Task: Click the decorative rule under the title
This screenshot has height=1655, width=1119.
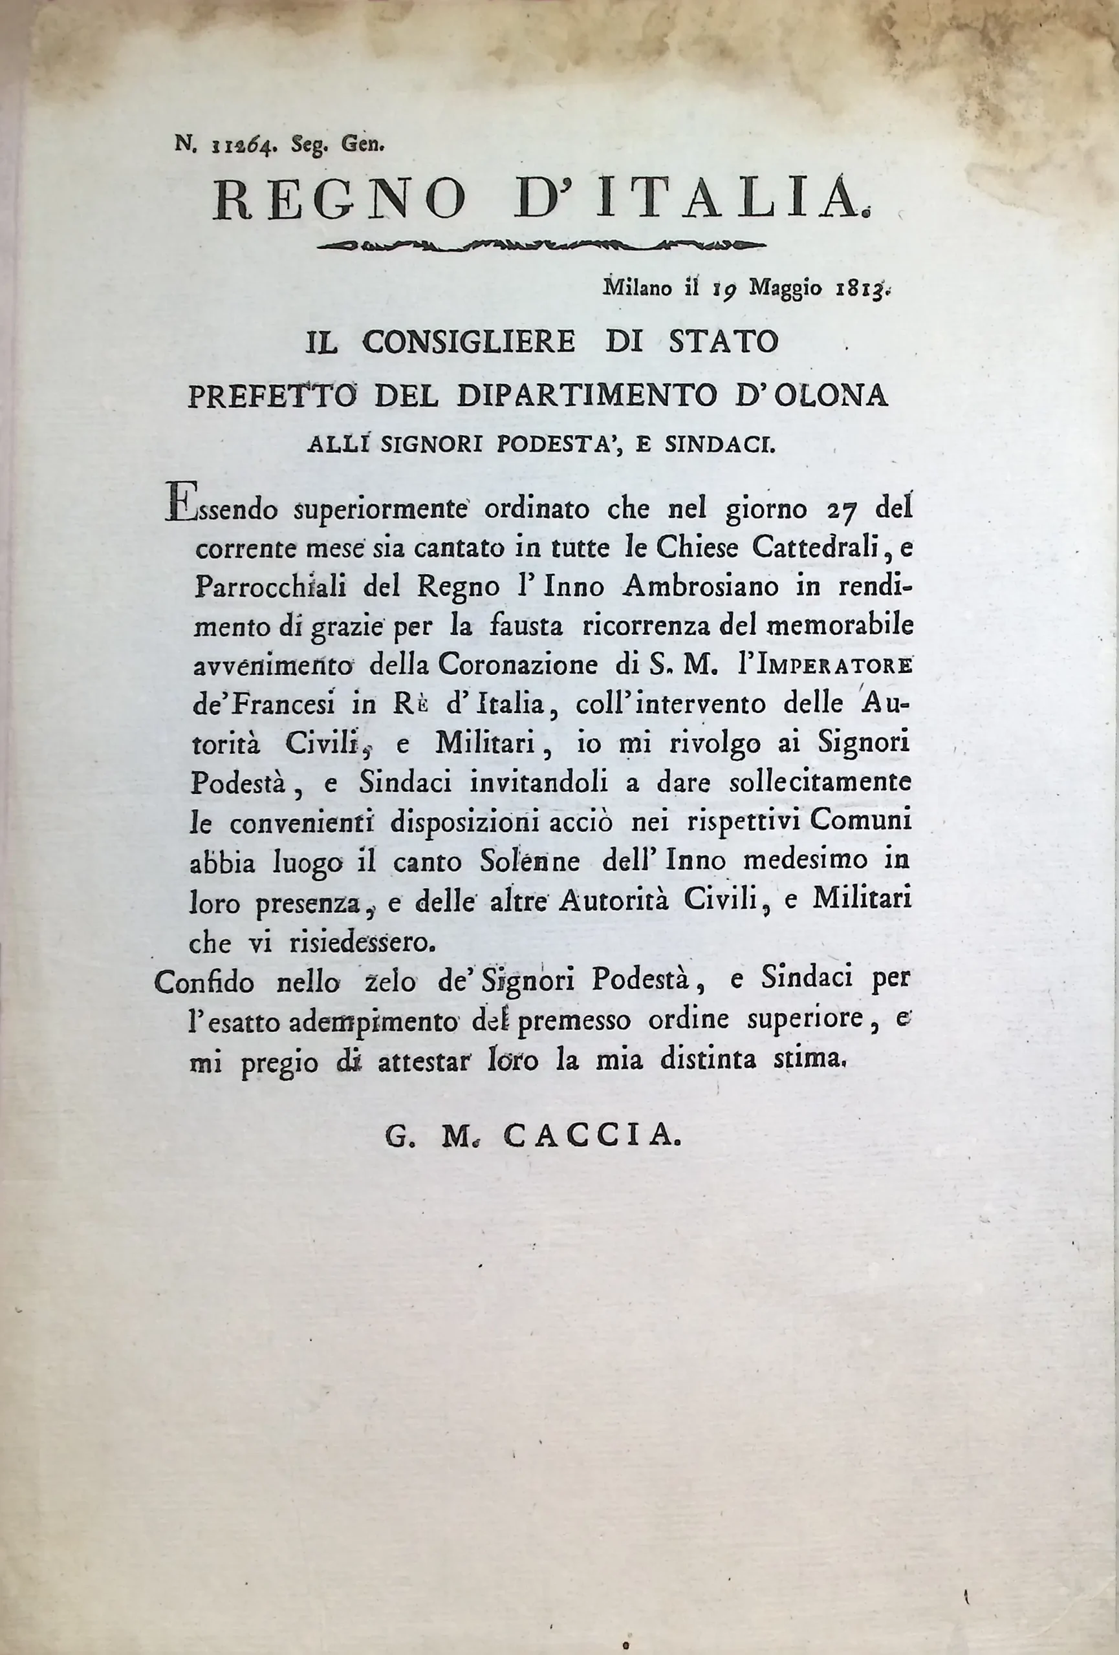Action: pos(541,246)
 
